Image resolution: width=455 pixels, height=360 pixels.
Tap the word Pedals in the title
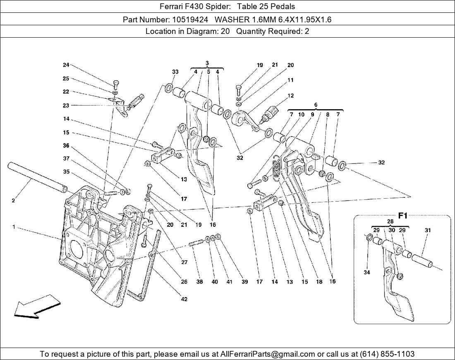(x=281, y=7)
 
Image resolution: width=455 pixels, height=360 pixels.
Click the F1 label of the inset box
(x=402, y=216)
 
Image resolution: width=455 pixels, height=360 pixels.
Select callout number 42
(x=184, y=299)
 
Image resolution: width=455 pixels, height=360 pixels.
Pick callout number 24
(x=66, y=65)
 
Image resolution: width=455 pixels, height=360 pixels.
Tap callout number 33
(x=175, y=72)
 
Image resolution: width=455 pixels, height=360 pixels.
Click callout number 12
(x=290, y=96)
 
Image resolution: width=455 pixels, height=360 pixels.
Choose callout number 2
(x=13, y=201)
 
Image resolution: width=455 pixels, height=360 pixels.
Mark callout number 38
(x=200, y=282)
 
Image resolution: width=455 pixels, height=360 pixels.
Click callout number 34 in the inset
(x=366, y=272)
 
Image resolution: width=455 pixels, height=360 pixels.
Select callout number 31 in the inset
(x=428, y=230)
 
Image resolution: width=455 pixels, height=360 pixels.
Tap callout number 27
(x=184, y=262)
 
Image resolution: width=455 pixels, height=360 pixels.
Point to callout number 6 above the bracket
(x=316, y=105)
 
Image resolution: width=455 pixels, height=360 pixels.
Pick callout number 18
(x=319, y=282)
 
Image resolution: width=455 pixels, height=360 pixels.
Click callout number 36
(x=66, y=146)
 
